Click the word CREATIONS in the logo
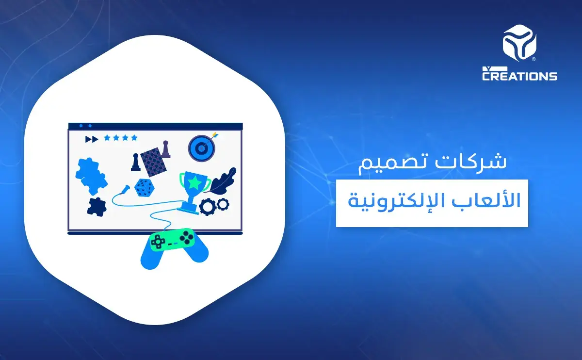pyautogui.click(x=519, y=76)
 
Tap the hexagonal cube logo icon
pyautogui.click(x=519, y=44)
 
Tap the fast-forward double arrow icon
pyautogui.click(x=91, y=139)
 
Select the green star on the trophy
pyautogui.click(x=194, y=183)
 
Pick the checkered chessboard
pyautogui.click(x=153, y=161)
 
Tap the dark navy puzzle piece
pyautogui.click(x=97, y=206)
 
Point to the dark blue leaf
pyautogui.click(x=225, y=180)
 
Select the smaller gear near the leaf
pyautogui.click(x=223, y=204)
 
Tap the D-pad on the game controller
pyautogui.click(x=158, y=241)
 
